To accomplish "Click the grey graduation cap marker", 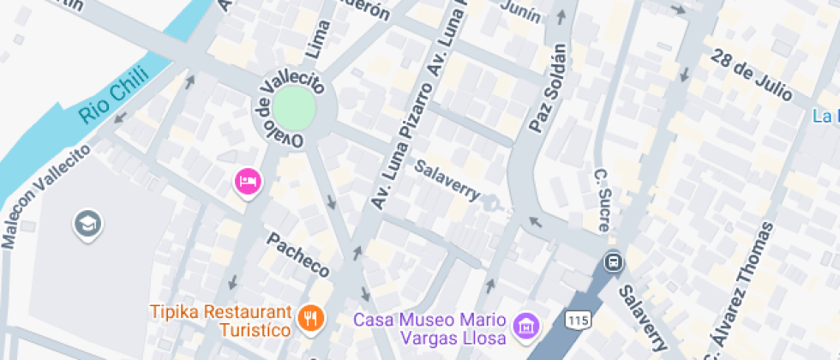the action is coord(88,225).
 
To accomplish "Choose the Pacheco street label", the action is coord(297,255).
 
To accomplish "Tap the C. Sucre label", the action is coord(603,201).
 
